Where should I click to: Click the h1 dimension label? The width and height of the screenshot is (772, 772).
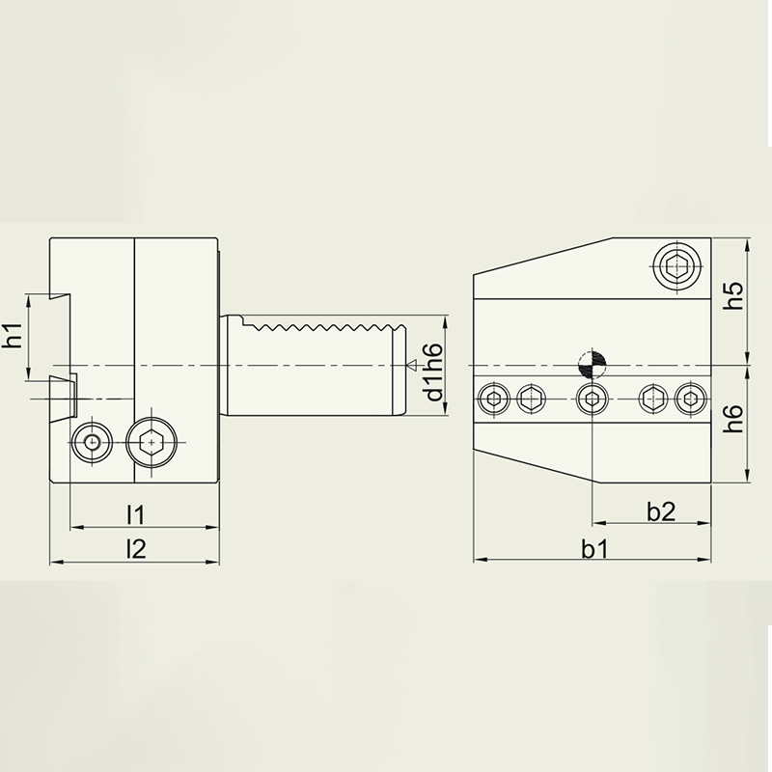click(x=13, y=335)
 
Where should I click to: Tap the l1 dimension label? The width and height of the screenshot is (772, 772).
click(x=135, y=515)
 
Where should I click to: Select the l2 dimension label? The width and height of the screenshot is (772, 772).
click(x=136, y=548)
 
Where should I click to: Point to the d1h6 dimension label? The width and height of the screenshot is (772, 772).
click(x=433, y=372)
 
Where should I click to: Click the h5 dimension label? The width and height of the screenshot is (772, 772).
click(x=733, y=295)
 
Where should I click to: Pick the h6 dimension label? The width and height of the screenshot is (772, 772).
click(x=733, y=419)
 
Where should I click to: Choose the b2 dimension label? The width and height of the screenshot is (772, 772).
click(x=661, y=511)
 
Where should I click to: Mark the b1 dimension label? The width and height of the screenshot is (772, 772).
click(x=594, y=549)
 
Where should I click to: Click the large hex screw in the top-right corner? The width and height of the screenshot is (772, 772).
click(x=677, y=267)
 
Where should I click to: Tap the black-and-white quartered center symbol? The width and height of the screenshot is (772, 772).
click(x=593, y=365)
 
